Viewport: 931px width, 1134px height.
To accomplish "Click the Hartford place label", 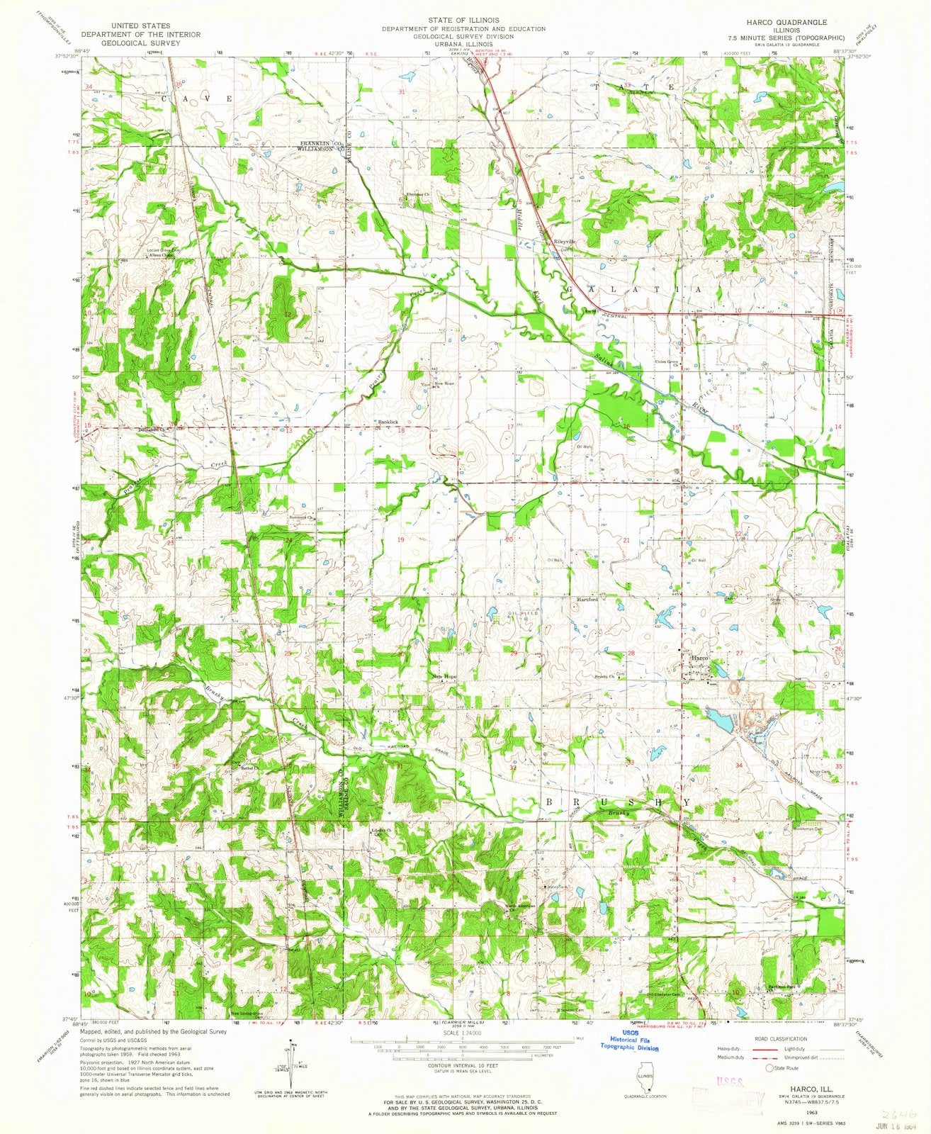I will tap(587, 599).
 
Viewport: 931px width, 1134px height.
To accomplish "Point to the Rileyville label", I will tap(565, 241).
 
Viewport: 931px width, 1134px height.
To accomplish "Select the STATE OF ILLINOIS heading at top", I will tap(464, 20).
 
